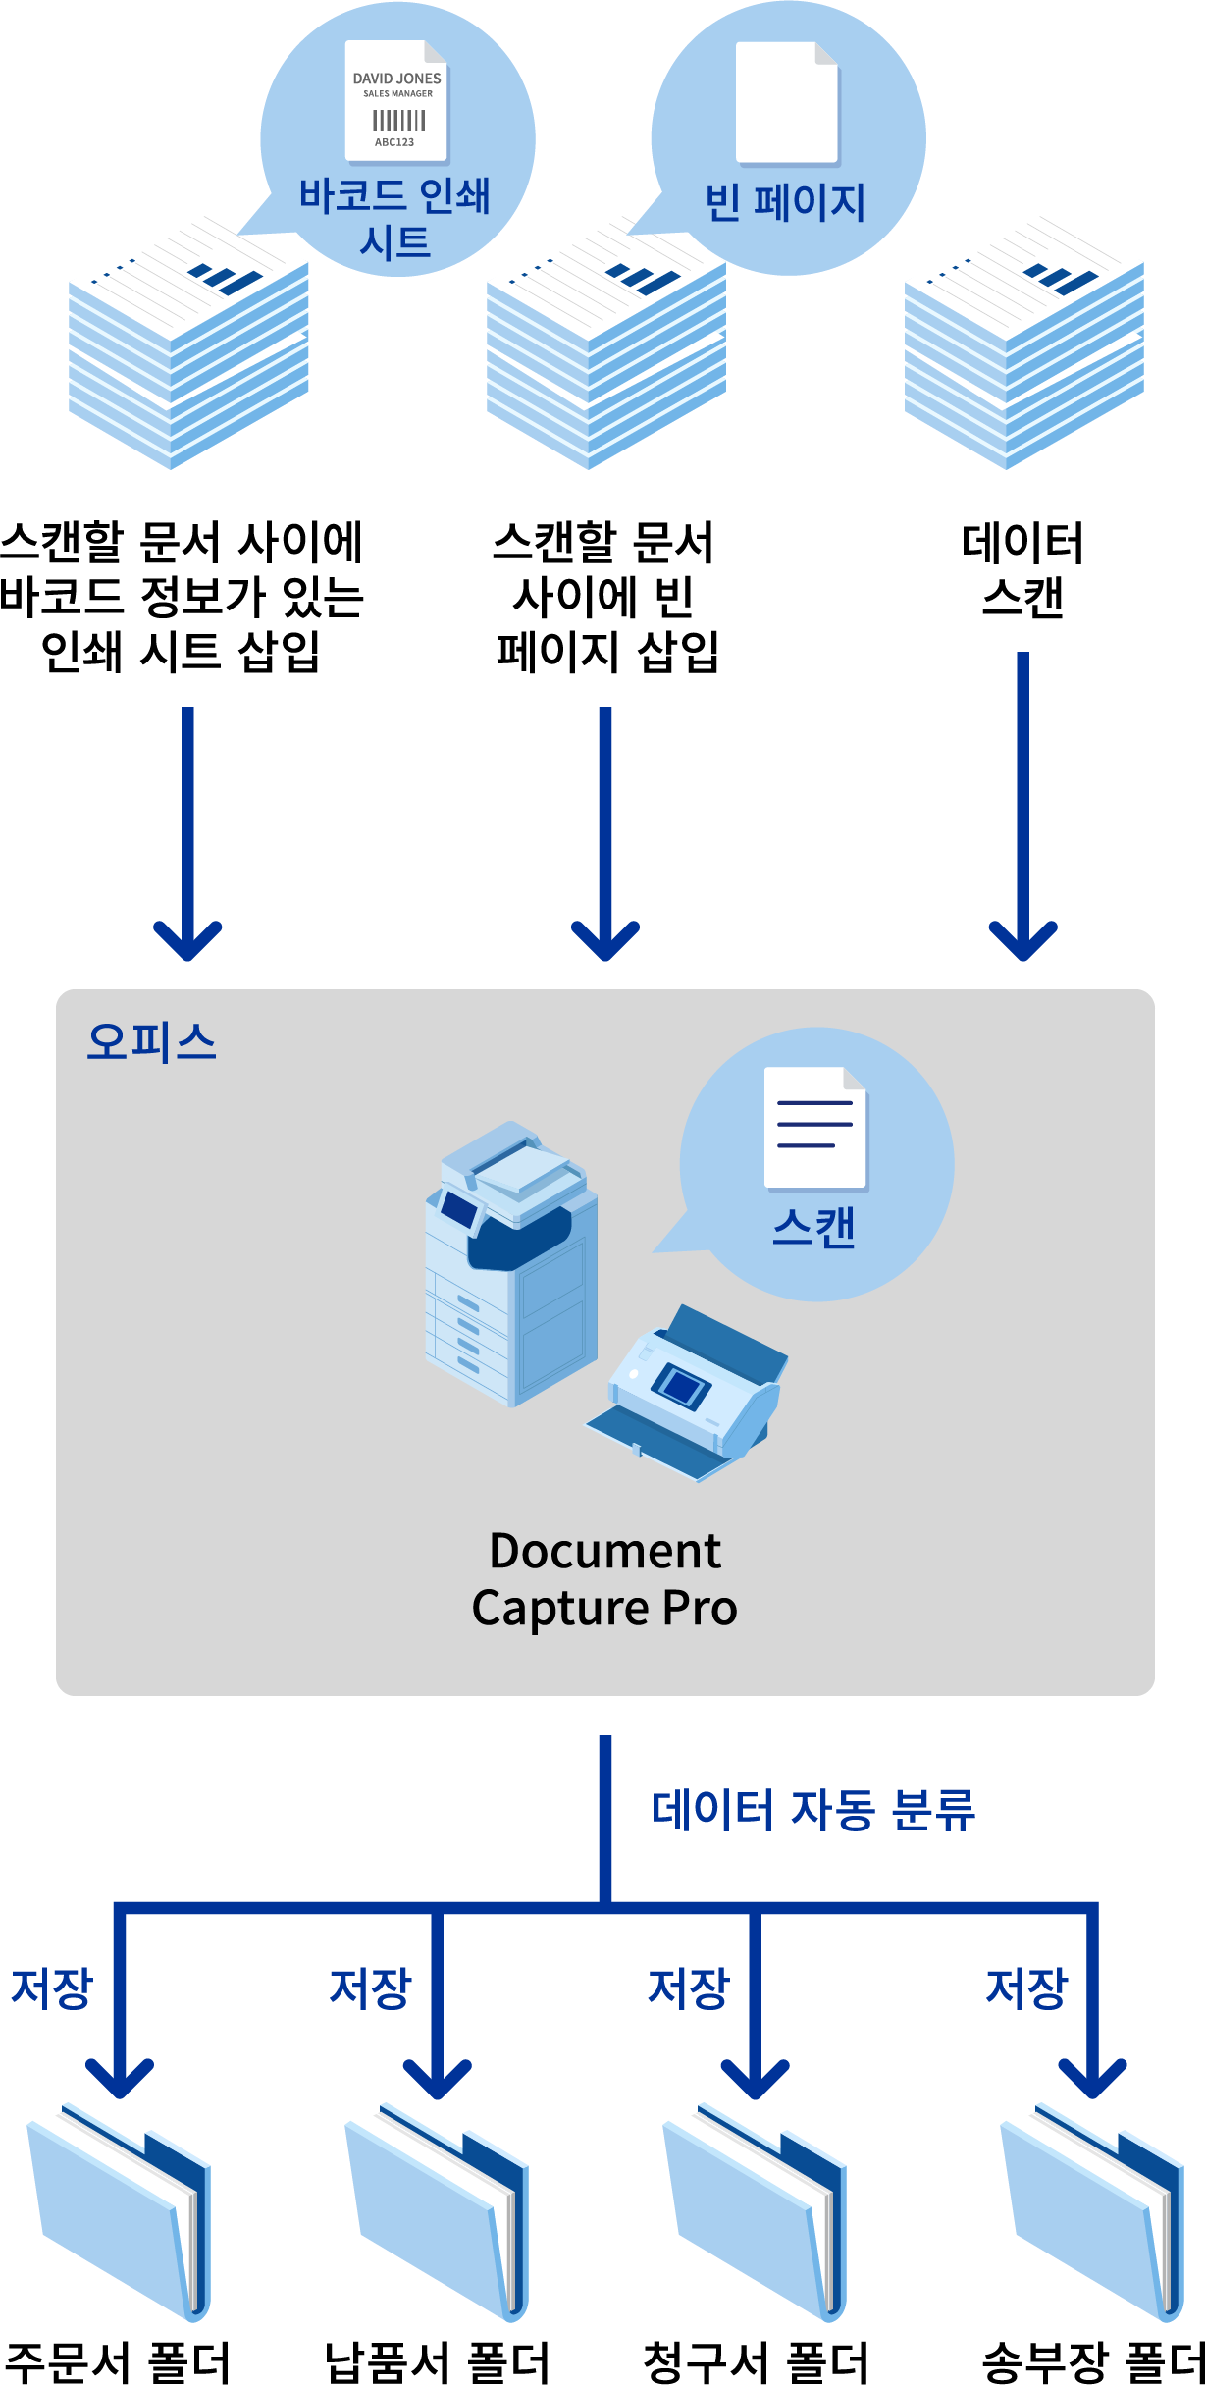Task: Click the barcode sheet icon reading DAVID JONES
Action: click(x=396, y=101)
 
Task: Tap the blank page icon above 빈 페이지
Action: click(x=787, y=103)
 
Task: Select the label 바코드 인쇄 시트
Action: click(x=394, y=218)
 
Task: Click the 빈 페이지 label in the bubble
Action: click(x=785, y=202)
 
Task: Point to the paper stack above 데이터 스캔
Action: click(x=1023, y=344)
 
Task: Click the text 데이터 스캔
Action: click(x=1022, y=570)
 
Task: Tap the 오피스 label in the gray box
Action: click(x=151, y=1041)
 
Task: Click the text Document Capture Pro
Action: click(x=604, y=1579)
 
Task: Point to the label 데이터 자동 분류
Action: click(x=813, y=1810)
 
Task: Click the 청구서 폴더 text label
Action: click(x=756, y=2361)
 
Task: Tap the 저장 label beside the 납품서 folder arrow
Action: click(x=370, y=1988)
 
